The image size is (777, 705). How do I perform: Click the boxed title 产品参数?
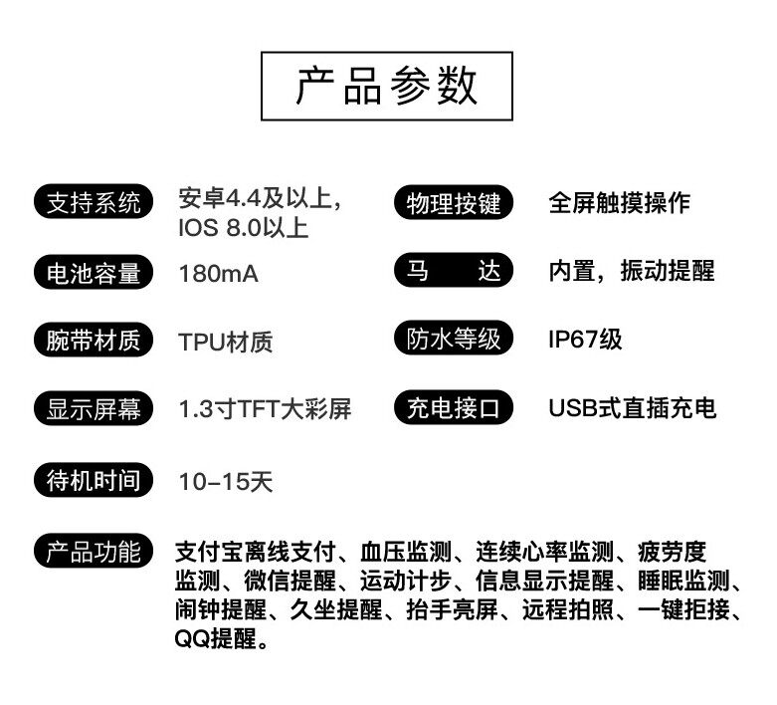(x=387, y=88)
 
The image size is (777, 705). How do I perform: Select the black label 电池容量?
(x=95, y=273)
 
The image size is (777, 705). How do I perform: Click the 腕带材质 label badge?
(x=95, y=342)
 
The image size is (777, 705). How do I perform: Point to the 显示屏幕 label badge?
(x=95, y=409)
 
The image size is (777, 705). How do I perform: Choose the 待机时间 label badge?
(x=95, y=482)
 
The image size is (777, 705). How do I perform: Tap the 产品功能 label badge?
(x=95, y=552)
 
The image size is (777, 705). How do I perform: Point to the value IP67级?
(x=584, y=339)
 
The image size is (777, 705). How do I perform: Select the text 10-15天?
(x=226, y=483)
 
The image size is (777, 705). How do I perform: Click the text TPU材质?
(x=226, y=343)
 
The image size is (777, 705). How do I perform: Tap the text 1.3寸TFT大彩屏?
(x=265, y=409)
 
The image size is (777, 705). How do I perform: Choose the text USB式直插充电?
(x=632, y=408)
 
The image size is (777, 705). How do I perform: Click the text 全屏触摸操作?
(x=619, y=203)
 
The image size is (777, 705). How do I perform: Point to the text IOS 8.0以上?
(x=244, y=228)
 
